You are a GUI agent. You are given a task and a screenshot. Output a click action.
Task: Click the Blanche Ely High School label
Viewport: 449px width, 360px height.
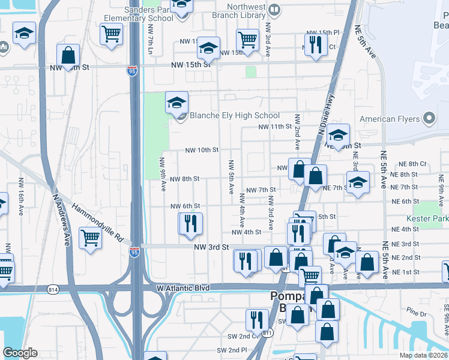click(235, 116)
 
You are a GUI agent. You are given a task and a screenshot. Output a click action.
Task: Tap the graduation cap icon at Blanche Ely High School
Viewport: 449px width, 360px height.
click(176, 103)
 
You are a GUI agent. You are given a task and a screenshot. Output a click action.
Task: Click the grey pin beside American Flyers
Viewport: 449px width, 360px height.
click(429, 118)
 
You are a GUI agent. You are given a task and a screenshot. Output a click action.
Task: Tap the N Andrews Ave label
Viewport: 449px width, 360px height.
click(62, 217)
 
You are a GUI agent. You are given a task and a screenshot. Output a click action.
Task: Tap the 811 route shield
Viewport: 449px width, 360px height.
click(267, 332)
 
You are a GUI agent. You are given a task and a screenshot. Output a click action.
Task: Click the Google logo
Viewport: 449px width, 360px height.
click(20, 353)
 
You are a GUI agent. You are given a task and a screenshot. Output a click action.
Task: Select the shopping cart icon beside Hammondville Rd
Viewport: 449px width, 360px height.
click(90, 238)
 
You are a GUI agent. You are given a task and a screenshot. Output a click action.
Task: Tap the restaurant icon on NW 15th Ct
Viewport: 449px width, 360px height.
click(315, 45)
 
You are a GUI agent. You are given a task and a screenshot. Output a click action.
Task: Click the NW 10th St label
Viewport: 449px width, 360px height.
click(202, 150)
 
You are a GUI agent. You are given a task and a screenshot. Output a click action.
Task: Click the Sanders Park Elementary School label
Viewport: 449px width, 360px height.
click(148, 14)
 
